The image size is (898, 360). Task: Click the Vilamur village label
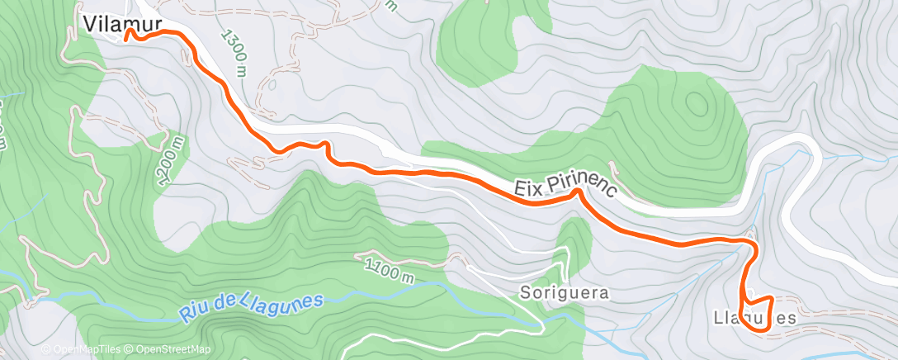[x=121, y=24]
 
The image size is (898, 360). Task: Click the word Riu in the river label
[x=195, y=313]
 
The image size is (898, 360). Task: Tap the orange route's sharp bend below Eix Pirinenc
[x=579, y=194]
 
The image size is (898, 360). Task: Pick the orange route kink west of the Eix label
[x=325, y=147]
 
